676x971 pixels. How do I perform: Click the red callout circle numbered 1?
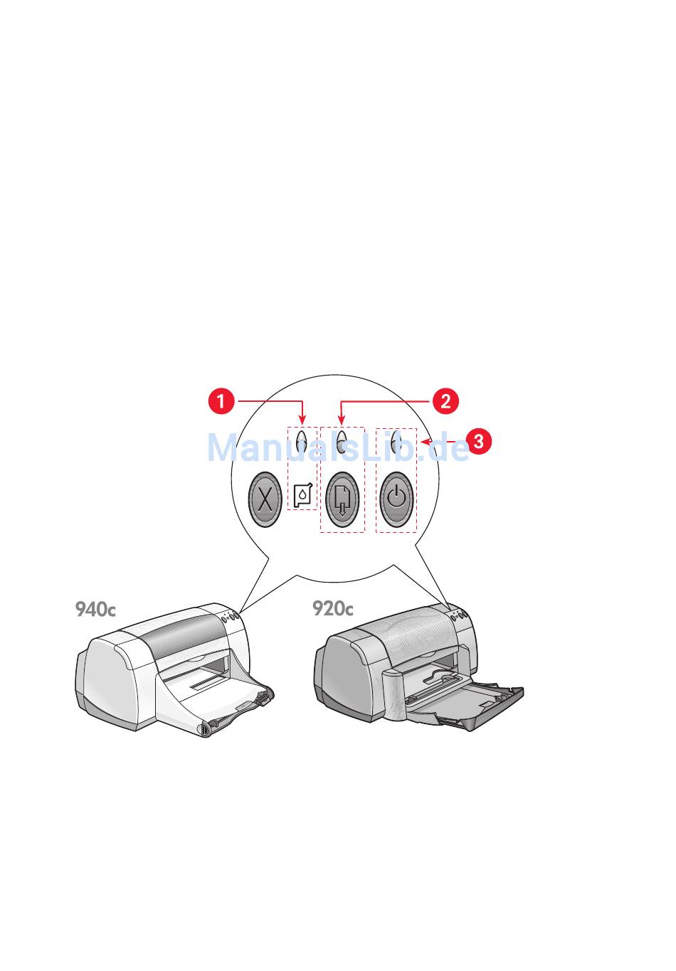point(221,401)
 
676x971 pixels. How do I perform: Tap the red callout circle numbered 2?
point(445,400)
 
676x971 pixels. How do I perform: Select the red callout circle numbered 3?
point(478,441)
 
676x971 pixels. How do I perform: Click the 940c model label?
point(95,610)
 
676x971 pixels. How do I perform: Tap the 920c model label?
point(332,609)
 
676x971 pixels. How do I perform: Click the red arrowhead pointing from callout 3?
point(424,442)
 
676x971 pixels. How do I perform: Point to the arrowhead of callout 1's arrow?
point(302,420)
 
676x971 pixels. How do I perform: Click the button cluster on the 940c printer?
point(230,617)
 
